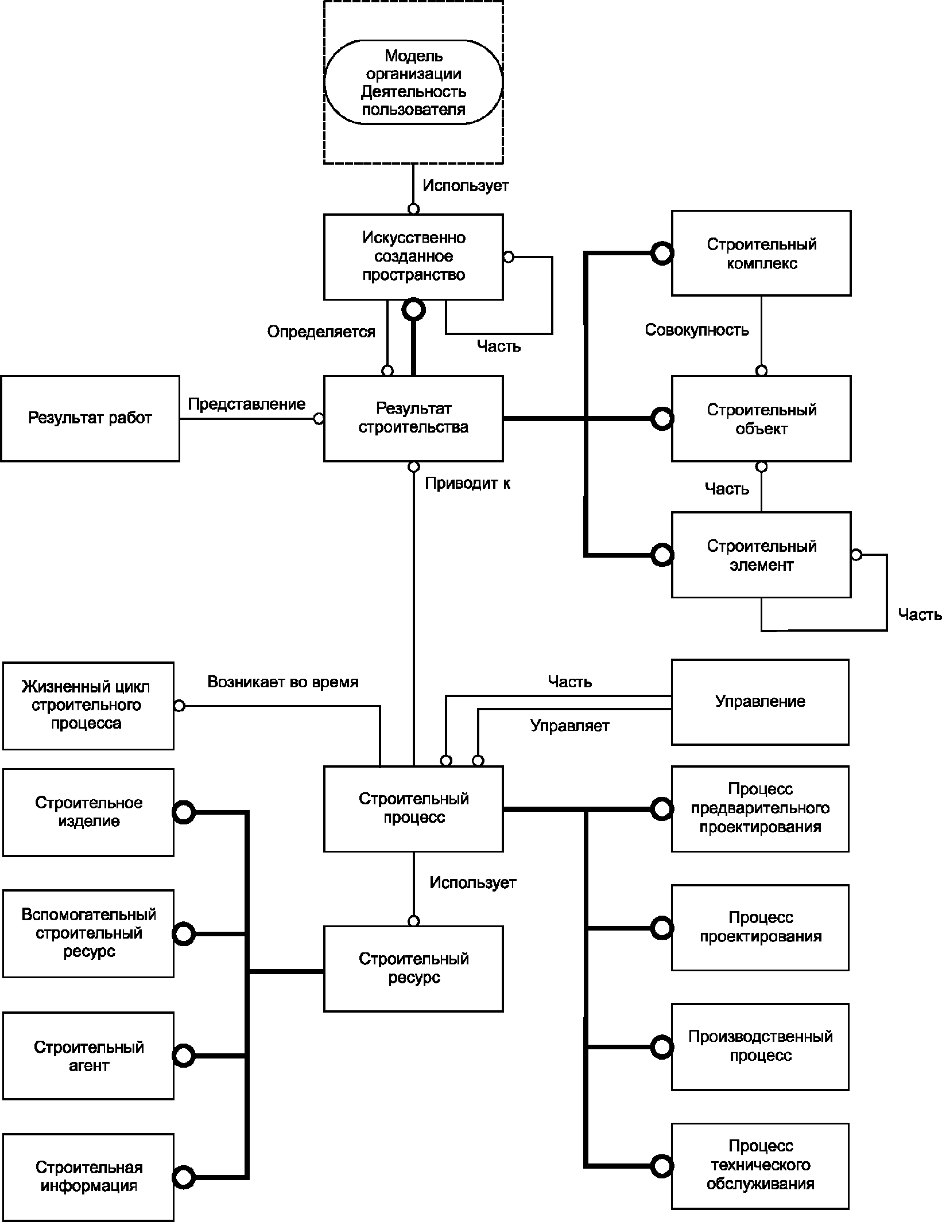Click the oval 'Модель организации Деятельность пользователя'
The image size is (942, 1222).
coord(413,82)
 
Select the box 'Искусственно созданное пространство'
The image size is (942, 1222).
coord(413,257)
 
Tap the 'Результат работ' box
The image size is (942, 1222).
coord(90,419)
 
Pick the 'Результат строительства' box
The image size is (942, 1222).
coord(413,419)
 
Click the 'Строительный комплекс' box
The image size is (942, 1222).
coord(761,254)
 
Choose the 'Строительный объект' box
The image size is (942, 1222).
coord(761,419)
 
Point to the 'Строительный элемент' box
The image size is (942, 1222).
coord(761,555)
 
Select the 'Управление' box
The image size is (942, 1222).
coord(760,702)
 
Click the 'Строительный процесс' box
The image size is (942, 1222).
coord(413,809)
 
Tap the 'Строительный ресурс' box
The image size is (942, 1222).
coord(413,969)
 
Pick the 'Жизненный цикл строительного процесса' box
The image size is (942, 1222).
coord(88,706)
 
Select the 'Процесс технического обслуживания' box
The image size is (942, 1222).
coord(760,1166)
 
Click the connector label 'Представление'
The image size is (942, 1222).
coord(247,404)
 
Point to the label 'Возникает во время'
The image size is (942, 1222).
coord(283,682)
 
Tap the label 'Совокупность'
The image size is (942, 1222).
coord(697,330)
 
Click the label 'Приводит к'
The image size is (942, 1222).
coord(468,484)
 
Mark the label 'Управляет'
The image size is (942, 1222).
coord(570,726)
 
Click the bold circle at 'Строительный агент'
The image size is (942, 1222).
coord(184,1056)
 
